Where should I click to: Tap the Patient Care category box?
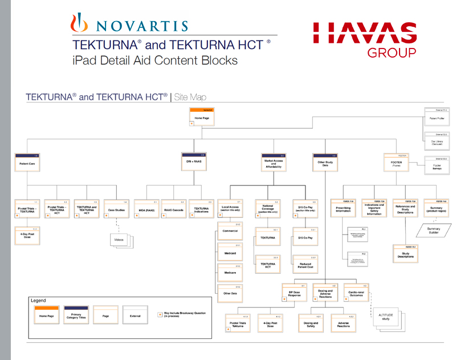pyautogui.click(x=27, y=162)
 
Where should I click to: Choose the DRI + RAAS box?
pyautogui.click(x=193, y=161)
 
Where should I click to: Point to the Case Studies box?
pyautogui.click(x=116, y=210)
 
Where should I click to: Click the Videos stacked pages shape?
pyautogui.click(x=120, y=240)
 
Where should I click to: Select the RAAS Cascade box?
pyautogui.click(x=173, y=209)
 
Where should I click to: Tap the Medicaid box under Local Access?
pyautogui.click(x=230, y=252)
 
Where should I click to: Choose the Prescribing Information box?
pyautogui.click(x=344, y=209)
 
